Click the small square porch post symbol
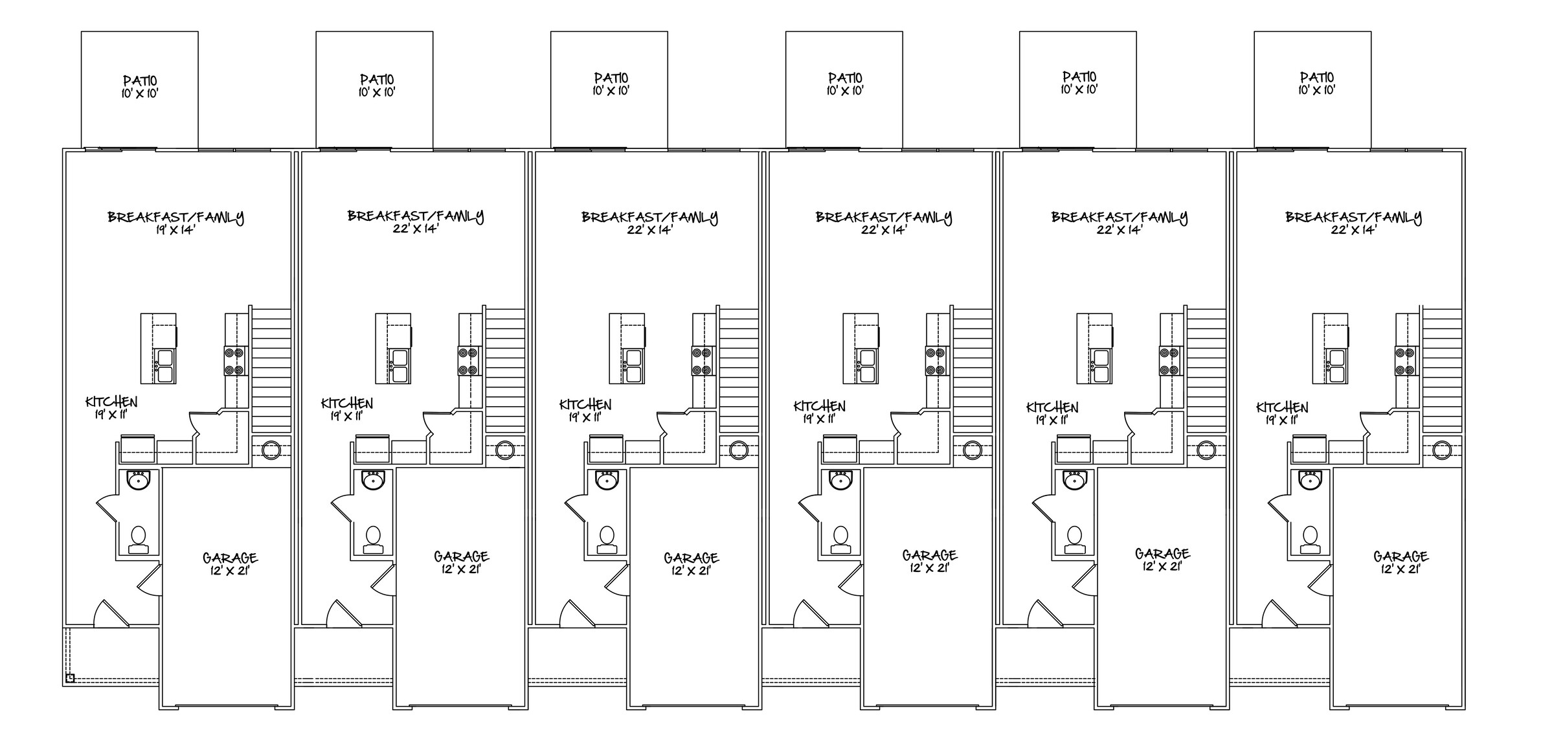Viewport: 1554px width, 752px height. click(x=70, y=678)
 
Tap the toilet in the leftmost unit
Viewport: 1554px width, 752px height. click(x=138, y=541)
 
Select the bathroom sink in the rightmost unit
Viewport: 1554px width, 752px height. click(x=1309, y=481)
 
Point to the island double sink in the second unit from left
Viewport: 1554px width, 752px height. click(x=398, y=366)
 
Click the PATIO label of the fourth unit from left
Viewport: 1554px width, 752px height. click(x=845, y=78)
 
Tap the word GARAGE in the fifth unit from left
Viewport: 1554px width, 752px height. click(x=1162, y=554)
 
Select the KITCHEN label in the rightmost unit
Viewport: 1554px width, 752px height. click(x=1282, y=407)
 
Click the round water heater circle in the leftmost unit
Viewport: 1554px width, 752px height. click(x=271, y=450)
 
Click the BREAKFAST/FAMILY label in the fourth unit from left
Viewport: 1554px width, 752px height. click(x=884, y=217)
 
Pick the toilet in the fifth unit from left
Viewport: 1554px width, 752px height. click(x=1074, y=540)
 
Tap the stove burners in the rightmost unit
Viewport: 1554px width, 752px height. click(x=1404, y=361)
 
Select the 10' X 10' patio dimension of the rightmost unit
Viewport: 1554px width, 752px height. click(x=1316, y=90)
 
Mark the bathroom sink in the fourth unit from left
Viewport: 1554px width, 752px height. click(x=840, y=481)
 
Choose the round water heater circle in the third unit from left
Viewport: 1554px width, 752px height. click(x=739, y=450)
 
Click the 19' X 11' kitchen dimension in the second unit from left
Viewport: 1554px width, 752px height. click(x=346, y=416)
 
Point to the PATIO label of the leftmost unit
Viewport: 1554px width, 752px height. click(x=140, y=81)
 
